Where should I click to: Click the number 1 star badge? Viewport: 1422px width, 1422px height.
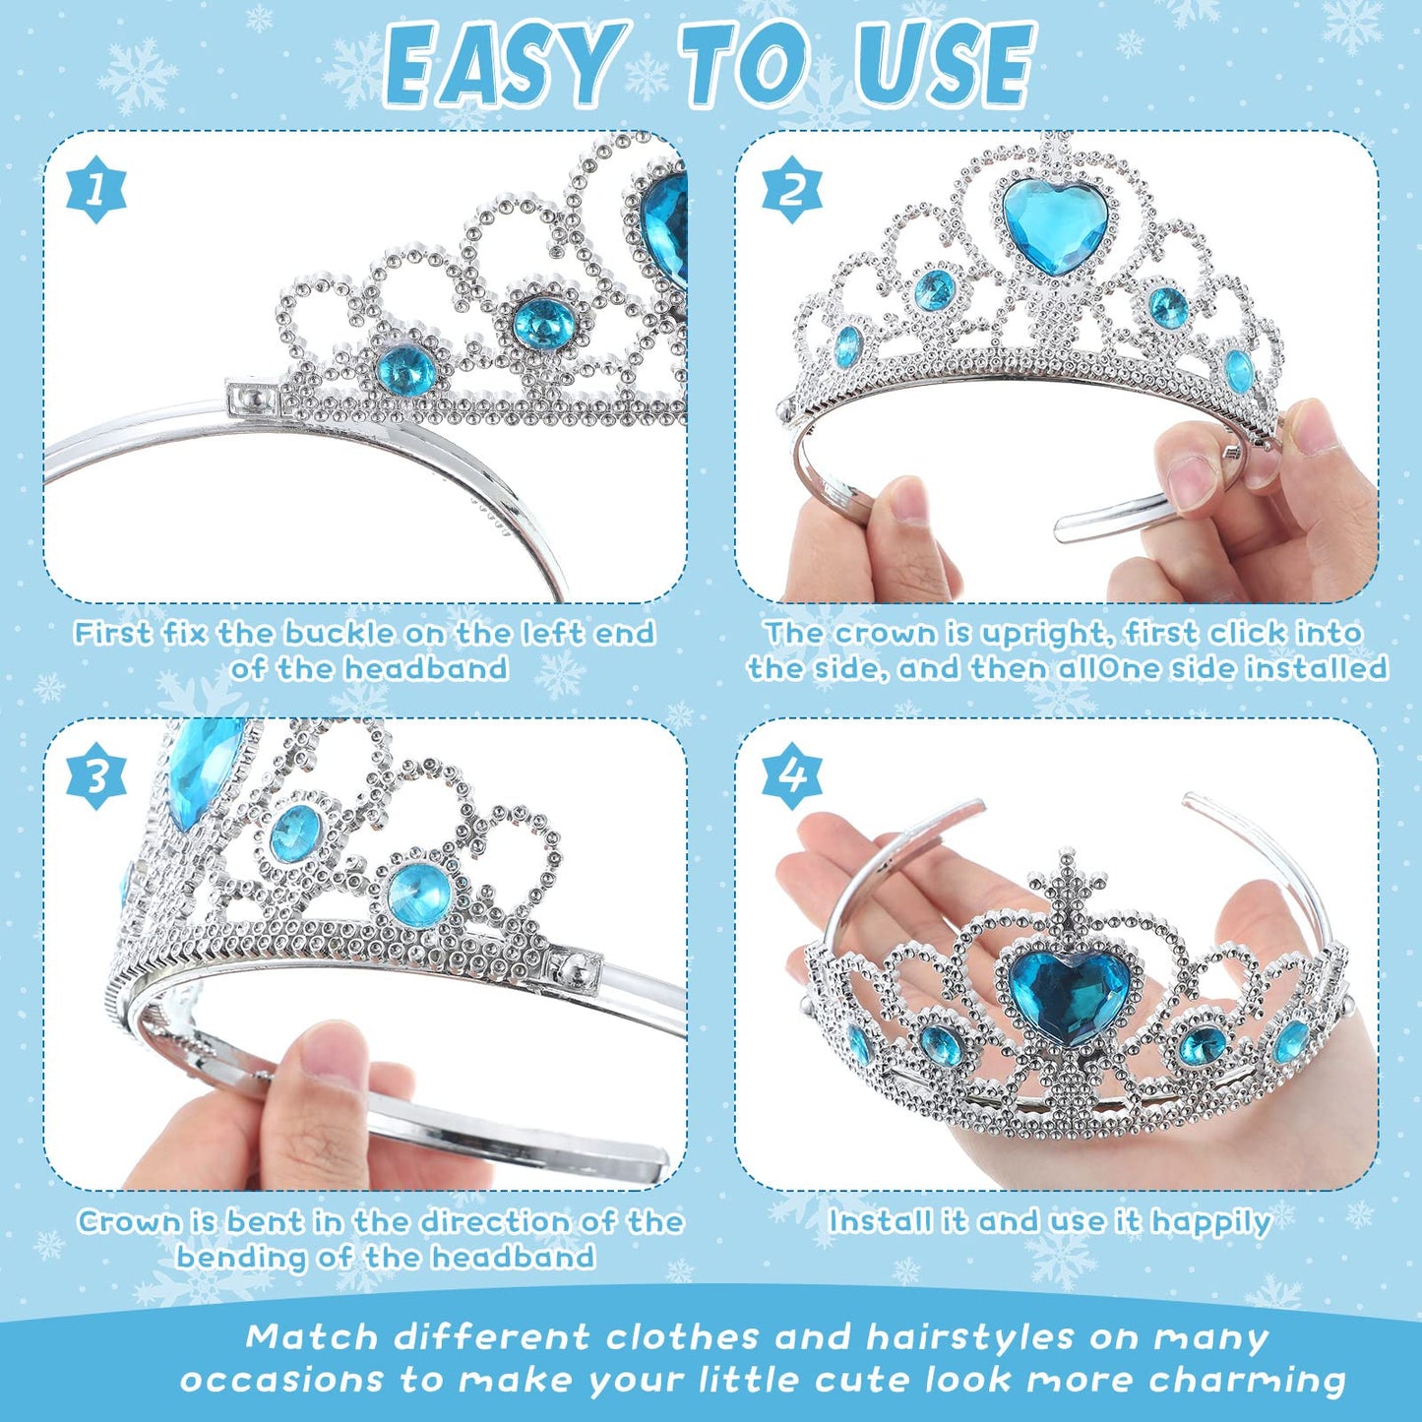[95, 188]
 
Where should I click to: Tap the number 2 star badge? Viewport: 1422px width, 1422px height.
[792, 188]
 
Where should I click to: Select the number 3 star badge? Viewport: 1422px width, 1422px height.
[96, 775]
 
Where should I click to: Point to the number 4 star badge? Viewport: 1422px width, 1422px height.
[792, 775]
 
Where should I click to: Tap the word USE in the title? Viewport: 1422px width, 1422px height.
[944, 66]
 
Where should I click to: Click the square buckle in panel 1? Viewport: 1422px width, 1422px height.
[253, 398]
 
